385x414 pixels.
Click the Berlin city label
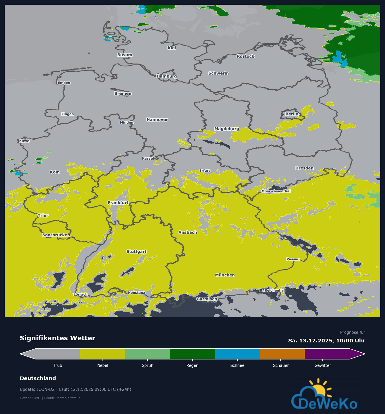pyautogui.click(x=292, y=114)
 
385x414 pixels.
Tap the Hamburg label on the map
pyautogui.click(x=167, y=76)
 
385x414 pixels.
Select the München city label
pyautogui.click(x=225, y=275)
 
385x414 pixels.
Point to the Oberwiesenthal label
pyautogui.click(x=276, y=191)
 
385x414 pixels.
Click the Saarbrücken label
pyautogui.click(x=56, y=235)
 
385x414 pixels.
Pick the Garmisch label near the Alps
pyautogui.click(x=207, y=299)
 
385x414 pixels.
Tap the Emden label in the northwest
pyautogui.click(x=64, y=83)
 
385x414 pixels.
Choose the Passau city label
pyautogui.click(x=293, y=259)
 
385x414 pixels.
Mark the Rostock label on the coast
pyautogui.click(x=245, y=56)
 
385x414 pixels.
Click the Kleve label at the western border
pyautogui.click(x=24, y=141)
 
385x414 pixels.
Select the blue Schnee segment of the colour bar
pyautogui.click(x=237, y=354)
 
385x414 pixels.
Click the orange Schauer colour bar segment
pyautogui.click(x=282, y=354)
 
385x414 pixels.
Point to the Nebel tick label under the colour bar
pyautogui.click(x=103, y=365)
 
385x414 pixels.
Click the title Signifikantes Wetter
pyautogui.click(x=57, y=338)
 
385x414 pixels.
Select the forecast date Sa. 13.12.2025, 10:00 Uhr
pyautogui.click(x=327, y=341)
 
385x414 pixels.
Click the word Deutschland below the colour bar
pyautogui.click(x=38, y=378)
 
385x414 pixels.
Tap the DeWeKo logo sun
pyautogui.click(x=319, y=390)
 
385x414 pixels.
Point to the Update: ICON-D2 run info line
pyautogui.click(x=75, y=389)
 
